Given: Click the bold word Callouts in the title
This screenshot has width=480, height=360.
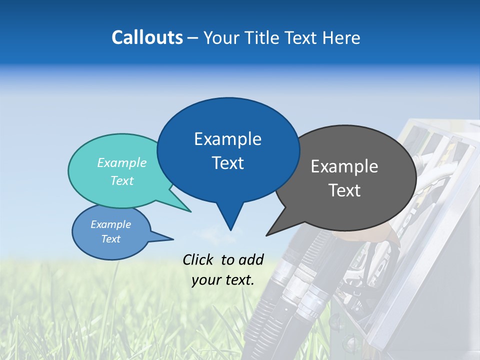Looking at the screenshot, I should point(147,37).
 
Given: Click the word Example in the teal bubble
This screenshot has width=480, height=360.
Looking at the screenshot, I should point(122,162).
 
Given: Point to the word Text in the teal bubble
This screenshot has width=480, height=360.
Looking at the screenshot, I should point(122,180).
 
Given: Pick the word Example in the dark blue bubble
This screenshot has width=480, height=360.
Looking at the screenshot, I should point(227,139).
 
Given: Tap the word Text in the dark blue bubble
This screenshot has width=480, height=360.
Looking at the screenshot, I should point(227,163).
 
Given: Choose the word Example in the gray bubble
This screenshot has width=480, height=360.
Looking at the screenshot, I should point(344,166).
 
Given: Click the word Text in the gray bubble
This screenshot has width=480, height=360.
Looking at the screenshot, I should point(344,190).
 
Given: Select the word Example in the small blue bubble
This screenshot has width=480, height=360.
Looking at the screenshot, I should point(111,224).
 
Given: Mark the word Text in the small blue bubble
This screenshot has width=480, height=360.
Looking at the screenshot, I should point(111,239).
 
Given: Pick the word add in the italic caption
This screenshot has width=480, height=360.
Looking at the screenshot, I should point(251,259).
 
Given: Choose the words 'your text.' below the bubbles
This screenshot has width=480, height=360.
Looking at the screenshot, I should point(223,280).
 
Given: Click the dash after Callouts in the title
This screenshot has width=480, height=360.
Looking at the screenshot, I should point(193,37).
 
